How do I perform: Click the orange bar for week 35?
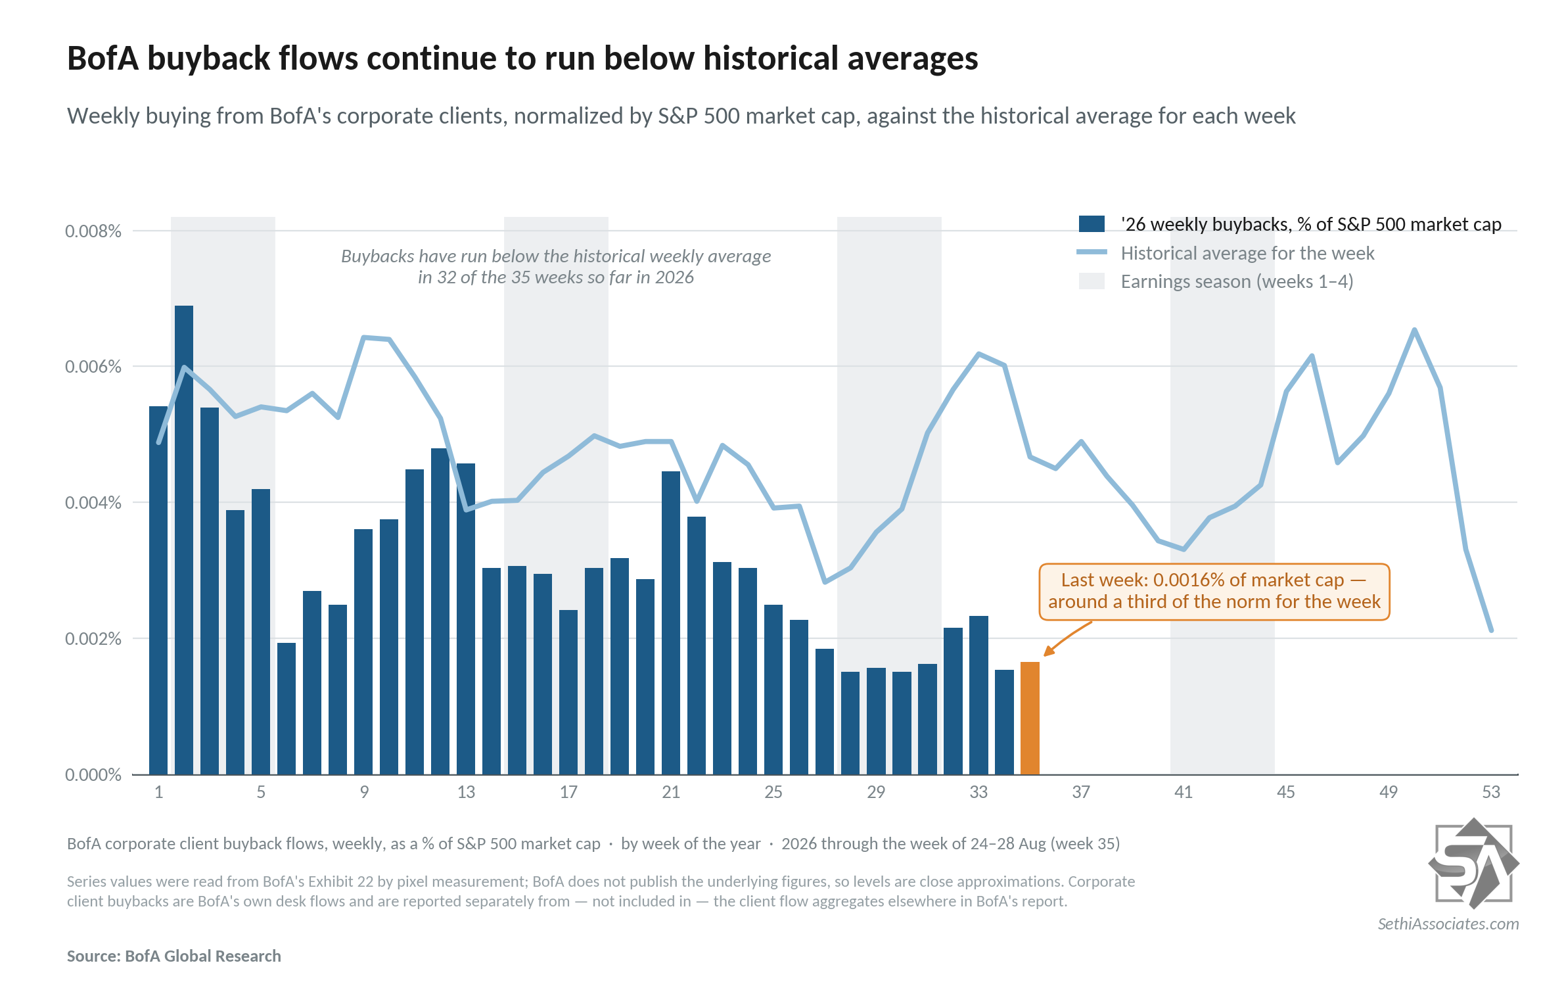(1030, 718)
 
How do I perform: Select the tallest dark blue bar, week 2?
(184, 540)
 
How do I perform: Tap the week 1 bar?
(158, 590)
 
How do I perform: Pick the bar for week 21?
(671, 622)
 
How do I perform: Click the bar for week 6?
(287, 709)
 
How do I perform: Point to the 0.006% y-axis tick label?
(93, 367)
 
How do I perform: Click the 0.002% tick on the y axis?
(93, 639)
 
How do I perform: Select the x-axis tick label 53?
(1491, 792)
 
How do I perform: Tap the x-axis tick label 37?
(1081, 792)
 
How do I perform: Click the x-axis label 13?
(466, 792)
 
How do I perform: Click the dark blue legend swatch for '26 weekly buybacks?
(1092, 224)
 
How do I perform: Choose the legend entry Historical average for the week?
(1247, 253)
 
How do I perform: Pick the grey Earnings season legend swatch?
(1092, 281)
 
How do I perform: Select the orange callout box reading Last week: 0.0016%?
(1214, 592)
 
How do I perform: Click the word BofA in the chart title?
(103, 58)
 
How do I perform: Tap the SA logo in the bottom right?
(1473, 863)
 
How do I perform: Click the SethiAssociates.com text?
(1448, 924)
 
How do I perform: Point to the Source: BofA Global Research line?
(174, 956)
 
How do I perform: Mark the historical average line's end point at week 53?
(1491, 630)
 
